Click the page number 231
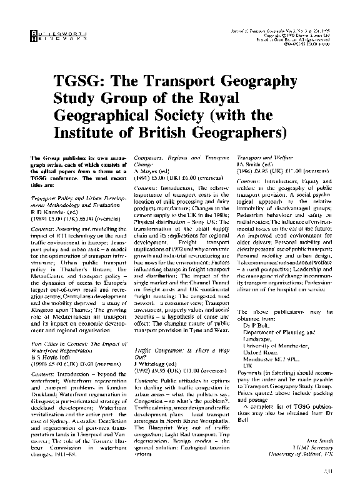[322, 481]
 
